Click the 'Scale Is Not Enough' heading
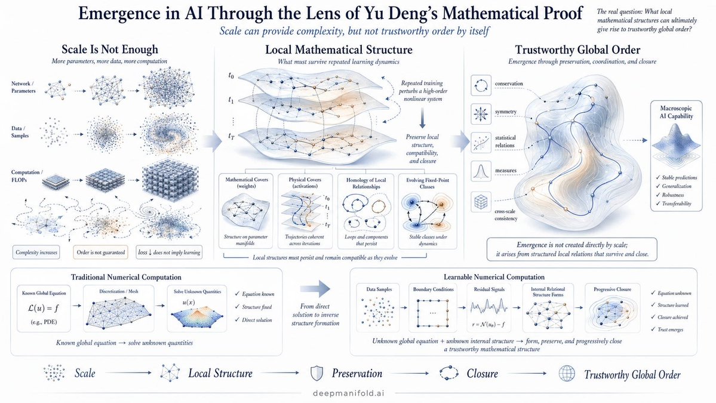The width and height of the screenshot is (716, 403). tap(110, 50)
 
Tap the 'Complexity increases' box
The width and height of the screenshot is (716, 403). tap(36, 253)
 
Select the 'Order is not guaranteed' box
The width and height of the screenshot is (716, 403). tap(100, 253)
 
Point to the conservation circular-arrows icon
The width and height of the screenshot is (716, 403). tap(481, 85)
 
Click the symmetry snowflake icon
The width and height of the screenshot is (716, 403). tap(481, 113)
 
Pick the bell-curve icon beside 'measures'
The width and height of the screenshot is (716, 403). tap(481, 171)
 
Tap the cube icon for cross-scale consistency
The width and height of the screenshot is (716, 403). tap(481, 201)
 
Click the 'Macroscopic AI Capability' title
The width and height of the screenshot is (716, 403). tap(676, 112)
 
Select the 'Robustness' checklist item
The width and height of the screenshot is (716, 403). tap(673, 195)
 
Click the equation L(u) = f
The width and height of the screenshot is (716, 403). tap(44, 308)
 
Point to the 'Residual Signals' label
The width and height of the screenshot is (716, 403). tap(489, 290)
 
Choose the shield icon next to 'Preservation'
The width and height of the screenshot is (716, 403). tap(316, 373)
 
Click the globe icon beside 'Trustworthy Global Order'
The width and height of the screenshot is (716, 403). tap(567, 374)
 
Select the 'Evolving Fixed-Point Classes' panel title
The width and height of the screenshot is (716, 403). tap(428, 183)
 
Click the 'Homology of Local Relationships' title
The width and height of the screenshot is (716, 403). tap(365, 183)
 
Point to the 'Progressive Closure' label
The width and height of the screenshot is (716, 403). tap(612, 290)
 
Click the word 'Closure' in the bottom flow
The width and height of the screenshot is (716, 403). tap(482, 374)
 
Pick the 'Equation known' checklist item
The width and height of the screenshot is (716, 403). tap(255, 294)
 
